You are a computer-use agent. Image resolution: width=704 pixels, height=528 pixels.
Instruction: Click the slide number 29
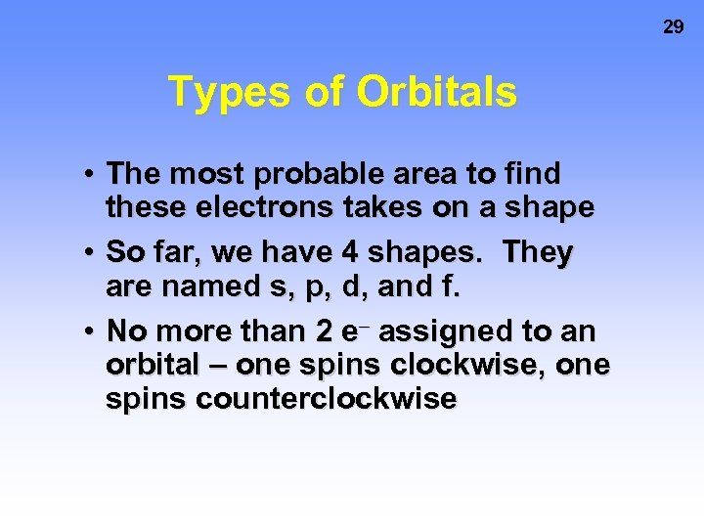pyautogui.click(x=674, y=26)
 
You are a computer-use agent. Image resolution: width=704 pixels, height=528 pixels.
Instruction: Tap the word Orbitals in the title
pyautogui.click(x=436, y=92)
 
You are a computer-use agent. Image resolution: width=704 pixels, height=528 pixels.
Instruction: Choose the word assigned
pyautogui.click(x=446, y=331)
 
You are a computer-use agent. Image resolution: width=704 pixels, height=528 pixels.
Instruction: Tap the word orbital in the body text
pyautogui.click(x=155, y=365)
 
